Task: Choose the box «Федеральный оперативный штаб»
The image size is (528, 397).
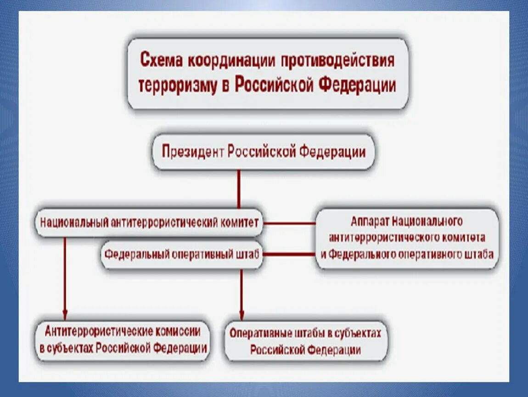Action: [182, 254]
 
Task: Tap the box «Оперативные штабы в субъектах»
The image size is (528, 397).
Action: [305, 340]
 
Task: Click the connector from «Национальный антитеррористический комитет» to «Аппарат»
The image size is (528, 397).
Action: [290, 223]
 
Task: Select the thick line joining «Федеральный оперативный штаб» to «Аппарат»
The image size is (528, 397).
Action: [290, 254]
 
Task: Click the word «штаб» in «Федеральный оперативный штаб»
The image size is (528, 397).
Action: [248, 254]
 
